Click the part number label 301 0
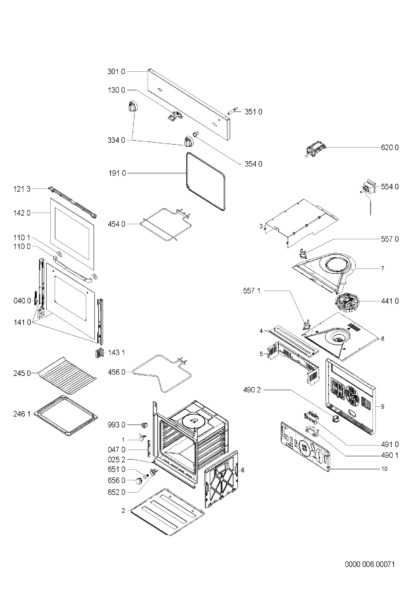coord(116,72)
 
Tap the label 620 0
coord(390,148)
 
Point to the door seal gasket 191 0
coord(206,182)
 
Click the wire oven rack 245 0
coord(67,372)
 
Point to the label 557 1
coord(252,291)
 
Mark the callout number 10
coord(384,469)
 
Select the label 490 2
coord(252,390)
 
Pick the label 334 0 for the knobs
coord(116,141)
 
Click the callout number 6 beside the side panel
coord(243,470)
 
